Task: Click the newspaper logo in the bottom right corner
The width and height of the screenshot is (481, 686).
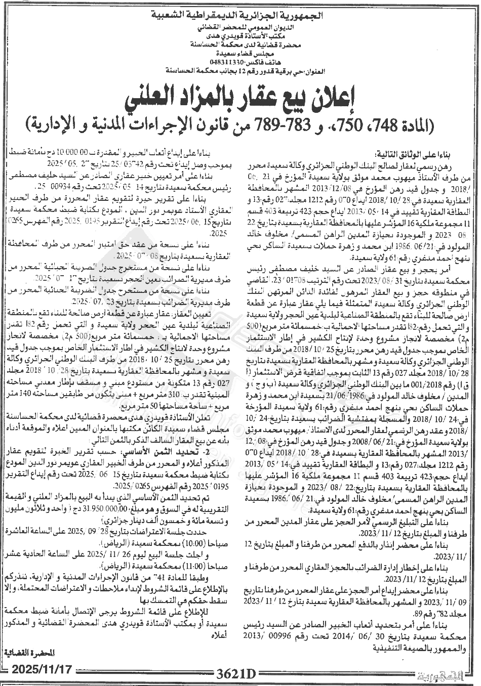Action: click(x=447, y=674)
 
